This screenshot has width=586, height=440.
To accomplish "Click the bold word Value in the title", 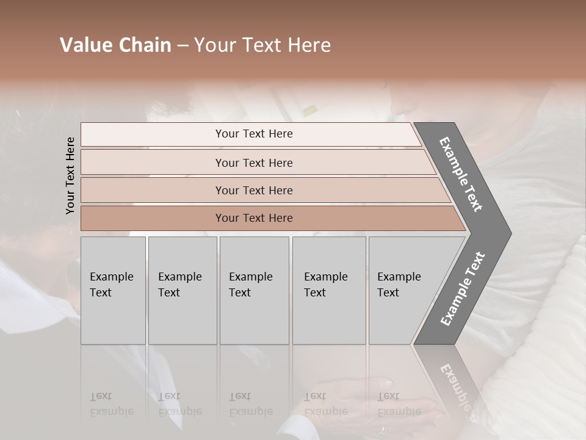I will tap(86, 45).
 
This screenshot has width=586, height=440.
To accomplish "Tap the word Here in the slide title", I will tap(309, 45).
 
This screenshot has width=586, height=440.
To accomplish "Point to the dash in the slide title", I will tap(183, 46).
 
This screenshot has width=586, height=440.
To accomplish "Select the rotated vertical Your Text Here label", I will tap(70, 175).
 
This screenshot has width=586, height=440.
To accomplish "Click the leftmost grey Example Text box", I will tap(113, 290).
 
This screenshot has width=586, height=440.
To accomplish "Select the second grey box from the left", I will tap(182, 290).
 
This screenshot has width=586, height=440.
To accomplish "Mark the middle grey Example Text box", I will tap(254, 290).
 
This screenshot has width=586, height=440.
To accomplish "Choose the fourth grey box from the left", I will tap(328, 290).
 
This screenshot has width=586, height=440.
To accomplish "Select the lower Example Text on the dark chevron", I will tap(463, 288).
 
